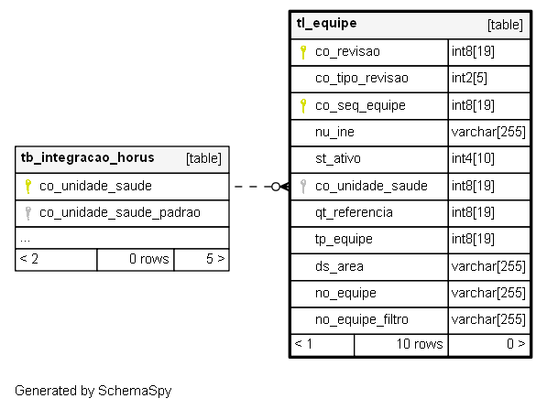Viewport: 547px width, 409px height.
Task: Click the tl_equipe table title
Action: tap(326, 24)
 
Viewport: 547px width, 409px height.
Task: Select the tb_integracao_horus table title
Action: tap(87, 157)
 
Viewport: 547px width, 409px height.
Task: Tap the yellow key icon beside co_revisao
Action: tap(303, 52)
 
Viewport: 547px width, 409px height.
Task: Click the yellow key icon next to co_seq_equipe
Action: tap(303, 106)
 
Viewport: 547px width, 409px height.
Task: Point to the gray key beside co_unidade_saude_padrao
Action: tap(27, 213)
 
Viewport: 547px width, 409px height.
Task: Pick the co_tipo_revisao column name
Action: tap(362, 78)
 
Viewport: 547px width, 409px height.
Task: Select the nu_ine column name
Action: tap(334, 132)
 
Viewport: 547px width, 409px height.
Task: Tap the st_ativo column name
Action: tap(338, 158)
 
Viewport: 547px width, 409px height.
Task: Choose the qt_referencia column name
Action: tap(354, 212)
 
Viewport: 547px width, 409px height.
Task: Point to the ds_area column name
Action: tap(339, 266)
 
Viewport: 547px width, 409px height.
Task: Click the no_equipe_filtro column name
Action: tap(361, 319)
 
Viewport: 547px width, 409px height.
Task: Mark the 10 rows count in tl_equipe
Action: tap(420, 344)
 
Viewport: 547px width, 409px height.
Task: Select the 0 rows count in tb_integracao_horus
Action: tap(149, 259)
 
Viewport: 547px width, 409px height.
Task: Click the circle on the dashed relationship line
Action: tap(276, 187)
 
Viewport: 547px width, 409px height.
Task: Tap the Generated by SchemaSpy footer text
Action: tap(93, 391)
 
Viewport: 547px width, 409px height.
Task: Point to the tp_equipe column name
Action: tap(344, 240)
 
